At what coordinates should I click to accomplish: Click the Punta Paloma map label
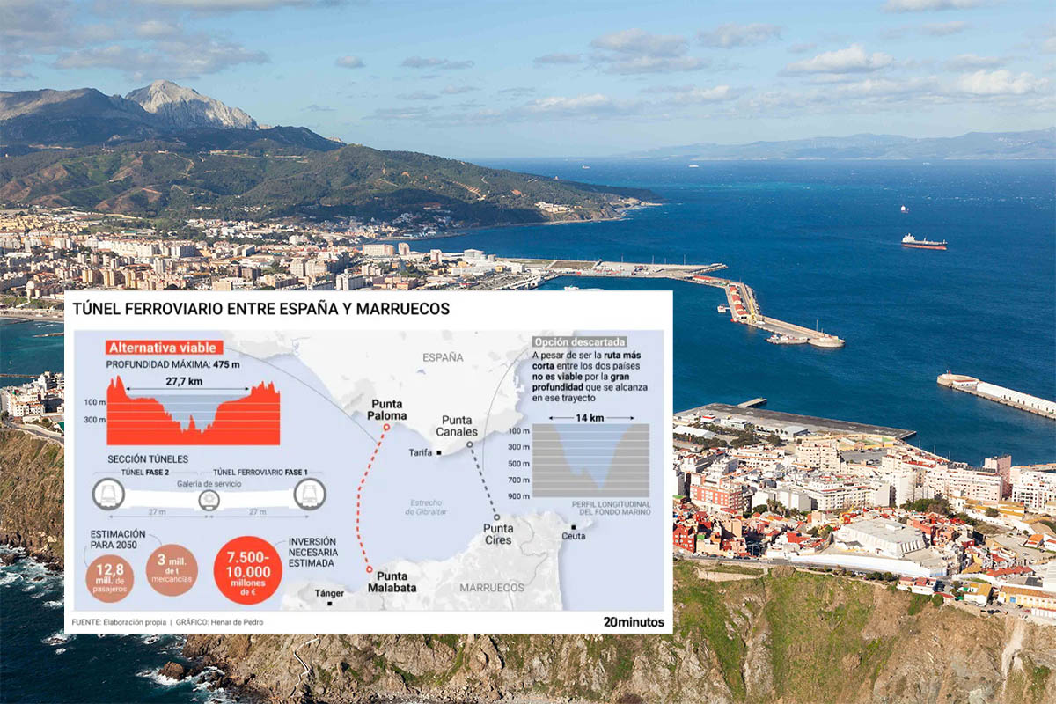click(387, 409)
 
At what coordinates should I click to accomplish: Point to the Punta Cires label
click(498, 534)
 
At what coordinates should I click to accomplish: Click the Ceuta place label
click(573, 535)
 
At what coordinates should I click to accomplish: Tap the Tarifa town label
click(421, 452)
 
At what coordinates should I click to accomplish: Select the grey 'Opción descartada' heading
click(579, 341)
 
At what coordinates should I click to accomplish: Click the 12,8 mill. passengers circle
click(110, 577)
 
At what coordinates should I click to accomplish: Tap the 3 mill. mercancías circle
click(172, 569)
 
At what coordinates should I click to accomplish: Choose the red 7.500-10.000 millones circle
click(248, 570)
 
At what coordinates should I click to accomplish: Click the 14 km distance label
click(590, 418)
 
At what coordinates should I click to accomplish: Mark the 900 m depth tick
click(518, 496)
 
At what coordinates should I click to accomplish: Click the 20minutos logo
click(633, 621)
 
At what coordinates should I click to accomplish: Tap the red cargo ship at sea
click(923, 242)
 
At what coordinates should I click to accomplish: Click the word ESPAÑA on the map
click(443, 357)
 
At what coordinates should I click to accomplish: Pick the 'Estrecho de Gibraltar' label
click(427, 507)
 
